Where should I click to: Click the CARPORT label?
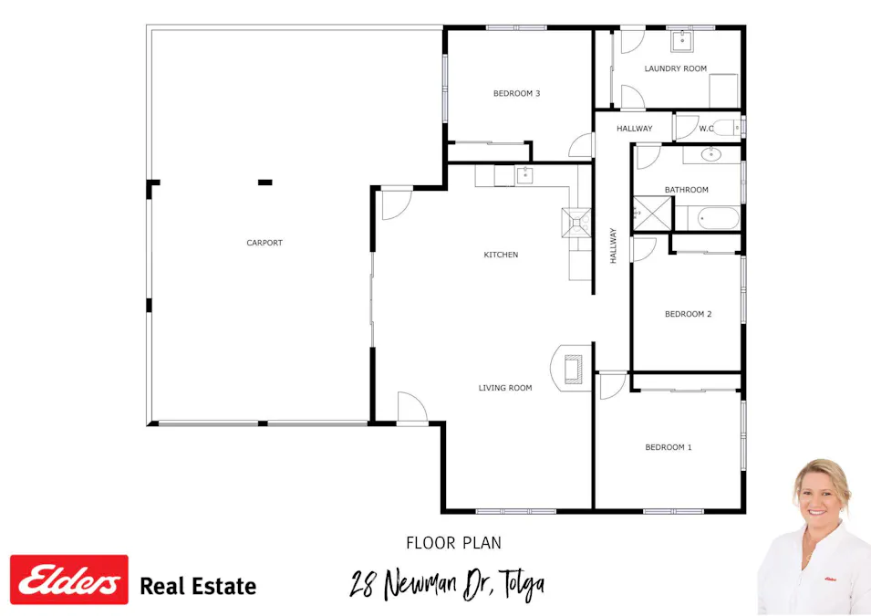pyautogui.click(x=264, y=243)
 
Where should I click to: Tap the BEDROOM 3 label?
pyautogui.click(x=517, y=93)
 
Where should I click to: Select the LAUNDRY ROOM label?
pyautogui.click(x=675, y=68)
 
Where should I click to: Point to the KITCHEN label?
pyautogui.click(x=501, y=255)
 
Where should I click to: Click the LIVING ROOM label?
pyautogui.click(x=504, y=388)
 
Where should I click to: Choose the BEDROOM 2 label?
pyautogui.click(x=688, y=314)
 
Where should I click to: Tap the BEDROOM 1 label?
pyautogui.click(x=668, y=447)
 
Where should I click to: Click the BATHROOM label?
pyautogui.click(x=686, y=190)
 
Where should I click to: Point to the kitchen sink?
pyautogui.click(x=524, y=174)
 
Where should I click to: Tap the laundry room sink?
pyautogui.click(x=682, y=40)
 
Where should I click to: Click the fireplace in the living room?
pyautogui.click(x=571, y=369)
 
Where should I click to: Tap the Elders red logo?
pyautogui.click(x=68, y=579)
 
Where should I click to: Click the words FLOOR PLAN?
pyautogui.click(x=453, y=543)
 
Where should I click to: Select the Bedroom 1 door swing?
pyautogui.click(x=611, y=384)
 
